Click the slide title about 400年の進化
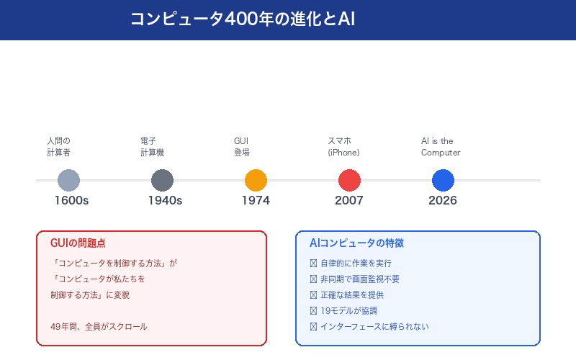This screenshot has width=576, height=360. point(243,19)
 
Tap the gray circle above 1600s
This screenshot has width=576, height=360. point(68,180)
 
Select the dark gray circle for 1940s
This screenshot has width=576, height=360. point(162,180)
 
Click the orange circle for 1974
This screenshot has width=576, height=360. point(256,180)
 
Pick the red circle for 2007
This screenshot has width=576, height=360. point(349,180)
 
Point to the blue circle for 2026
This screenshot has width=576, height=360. point(443,180)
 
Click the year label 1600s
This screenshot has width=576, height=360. point(71,201)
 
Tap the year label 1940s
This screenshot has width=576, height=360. point(165,201)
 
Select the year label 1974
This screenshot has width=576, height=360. point(256,201)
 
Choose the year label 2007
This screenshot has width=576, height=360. point(349,201)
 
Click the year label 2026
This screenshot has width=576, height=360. point(443,201)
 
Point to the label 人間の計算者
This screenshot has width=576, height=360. point(58,147)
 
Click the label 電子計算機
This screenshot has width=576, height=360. point(152,147)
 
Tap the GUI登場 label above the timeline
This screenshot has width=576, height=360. point(242,147)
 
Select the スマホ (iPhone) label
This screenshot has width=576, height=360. point(343,147)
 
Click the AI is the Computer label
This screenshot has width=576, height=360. point(441,147)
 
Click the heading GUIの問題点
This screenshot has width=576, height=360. point(78,243)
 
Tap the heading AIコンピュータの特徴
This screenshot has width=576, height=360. point(356,243)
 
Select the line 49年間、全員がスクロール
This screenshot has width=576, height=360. point(99,326)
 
